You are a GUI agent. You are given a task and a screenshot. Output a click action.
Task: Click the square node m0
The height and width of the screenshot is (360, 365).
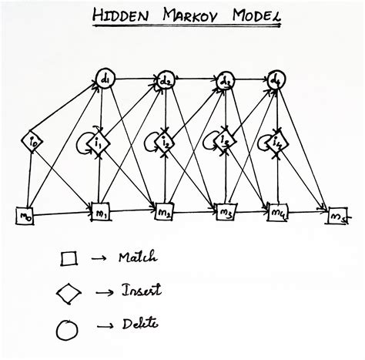point(25,217)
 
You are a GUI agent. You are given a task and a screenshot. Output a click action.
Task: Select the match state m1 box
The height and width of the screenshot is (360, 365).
point(101,210)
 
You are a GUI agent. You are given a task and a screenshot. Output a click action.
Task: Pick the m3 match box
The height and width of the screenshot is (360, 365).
point(226,212)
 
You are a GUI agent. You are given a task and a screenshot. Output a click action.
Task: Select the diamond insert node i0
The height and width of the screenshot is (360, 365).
point(31,141)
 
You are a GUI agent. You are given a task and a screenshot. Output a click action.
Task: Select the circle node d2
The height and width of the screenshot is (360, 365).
point(166,79)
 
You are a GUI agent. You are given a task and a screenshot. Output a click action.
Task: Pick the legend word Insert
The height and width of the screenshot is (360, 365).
point(138,291)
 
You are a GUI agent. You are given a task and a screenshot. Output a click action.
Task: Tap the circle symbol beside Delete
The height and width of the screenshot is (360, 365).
point(68,328)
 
